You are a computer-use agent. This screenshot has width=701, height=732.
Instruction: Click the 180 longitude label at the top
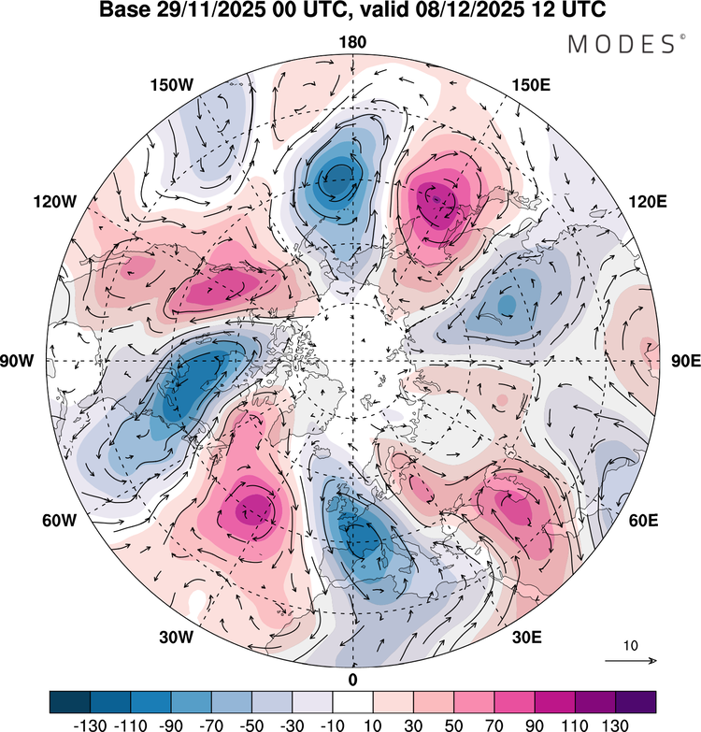[353, 42]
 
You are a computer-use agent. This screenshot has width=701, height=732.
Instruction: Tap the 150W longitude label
[171, 85]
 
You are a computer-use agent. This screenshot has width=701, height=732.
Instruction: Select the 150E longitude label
[532, 85]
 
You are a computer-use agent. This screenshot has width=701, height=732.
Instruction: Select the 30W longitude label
[176, 638]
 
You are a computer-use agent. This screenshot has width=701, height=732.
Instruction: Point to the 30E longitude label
[528, 638]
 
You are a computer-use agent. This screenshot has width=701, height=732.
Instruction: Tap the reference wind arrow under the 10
[631, 661]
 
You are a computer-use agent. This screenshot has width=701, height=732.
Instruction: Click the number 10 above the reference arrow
[631, 646]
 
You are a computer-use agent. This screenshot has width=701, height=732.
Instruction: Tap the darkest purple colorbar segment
[636, 701]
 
